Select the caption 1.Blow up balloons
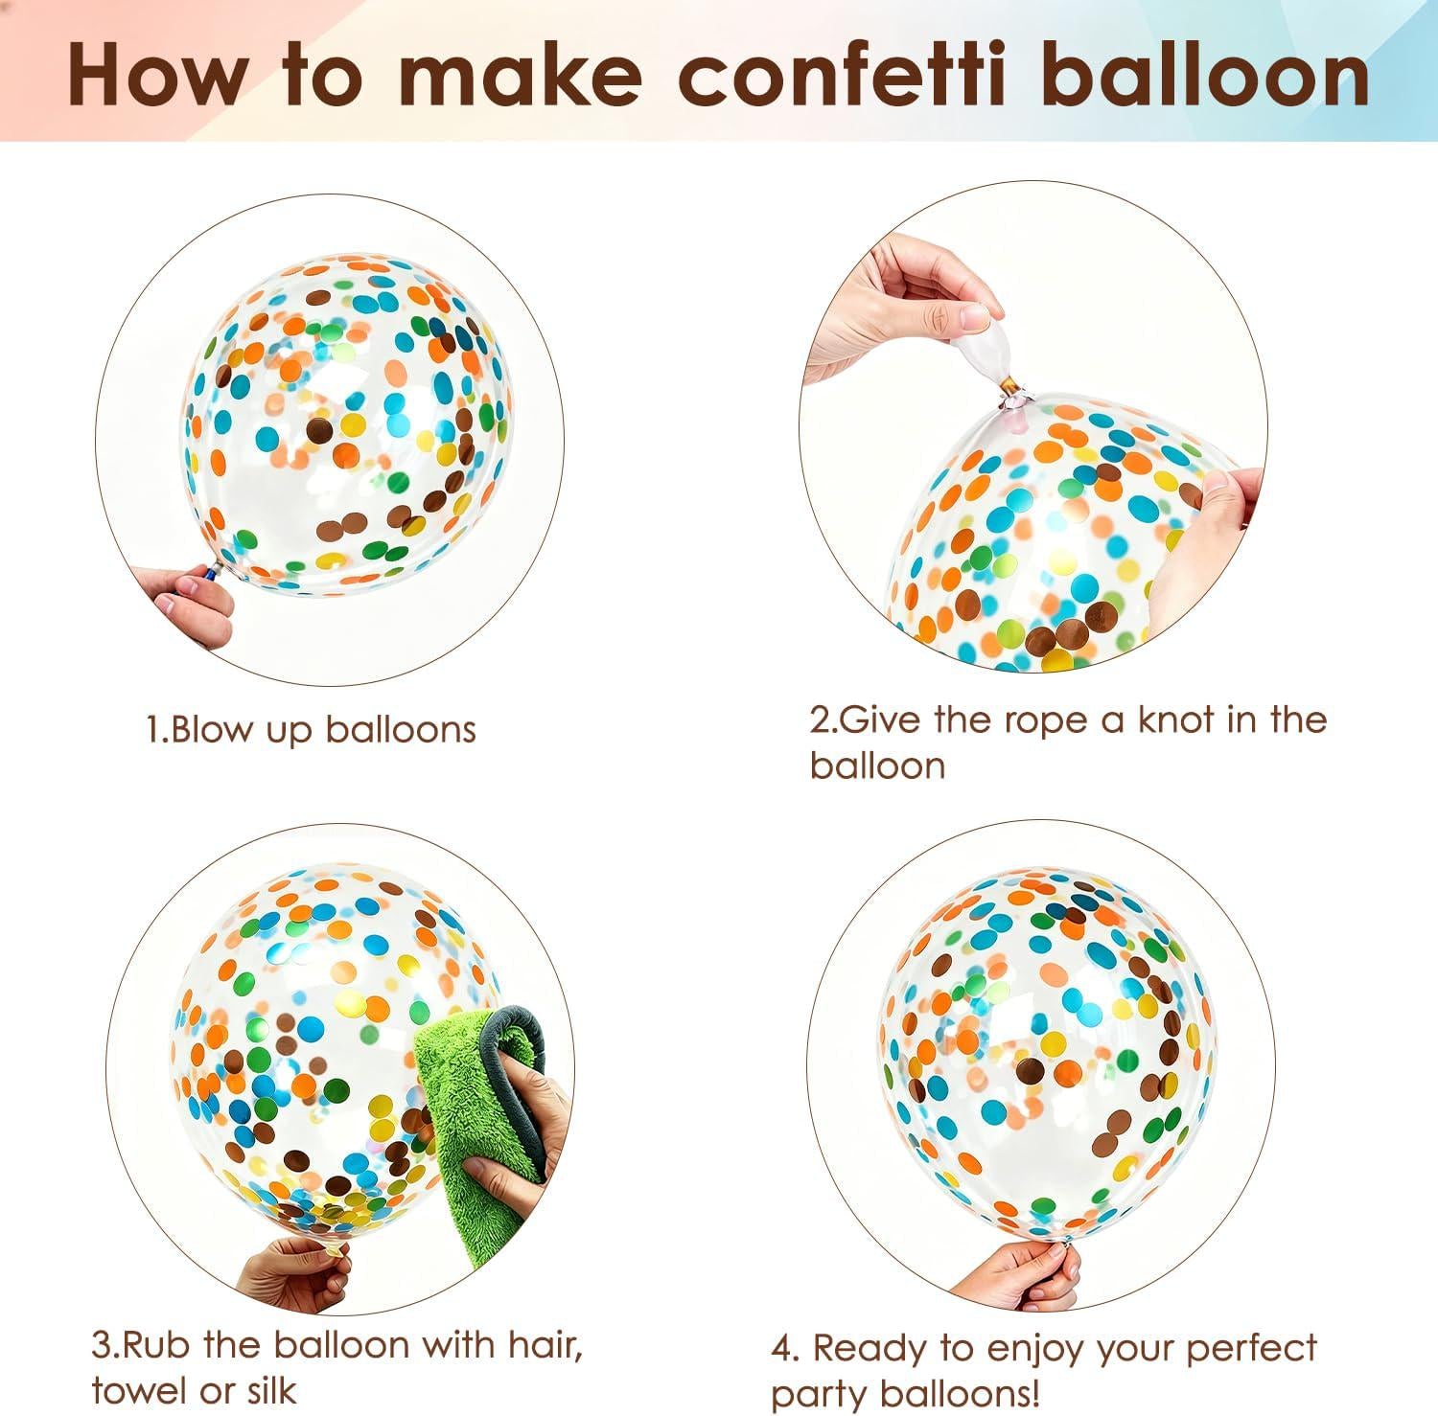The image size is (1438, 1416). (312, 730)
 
